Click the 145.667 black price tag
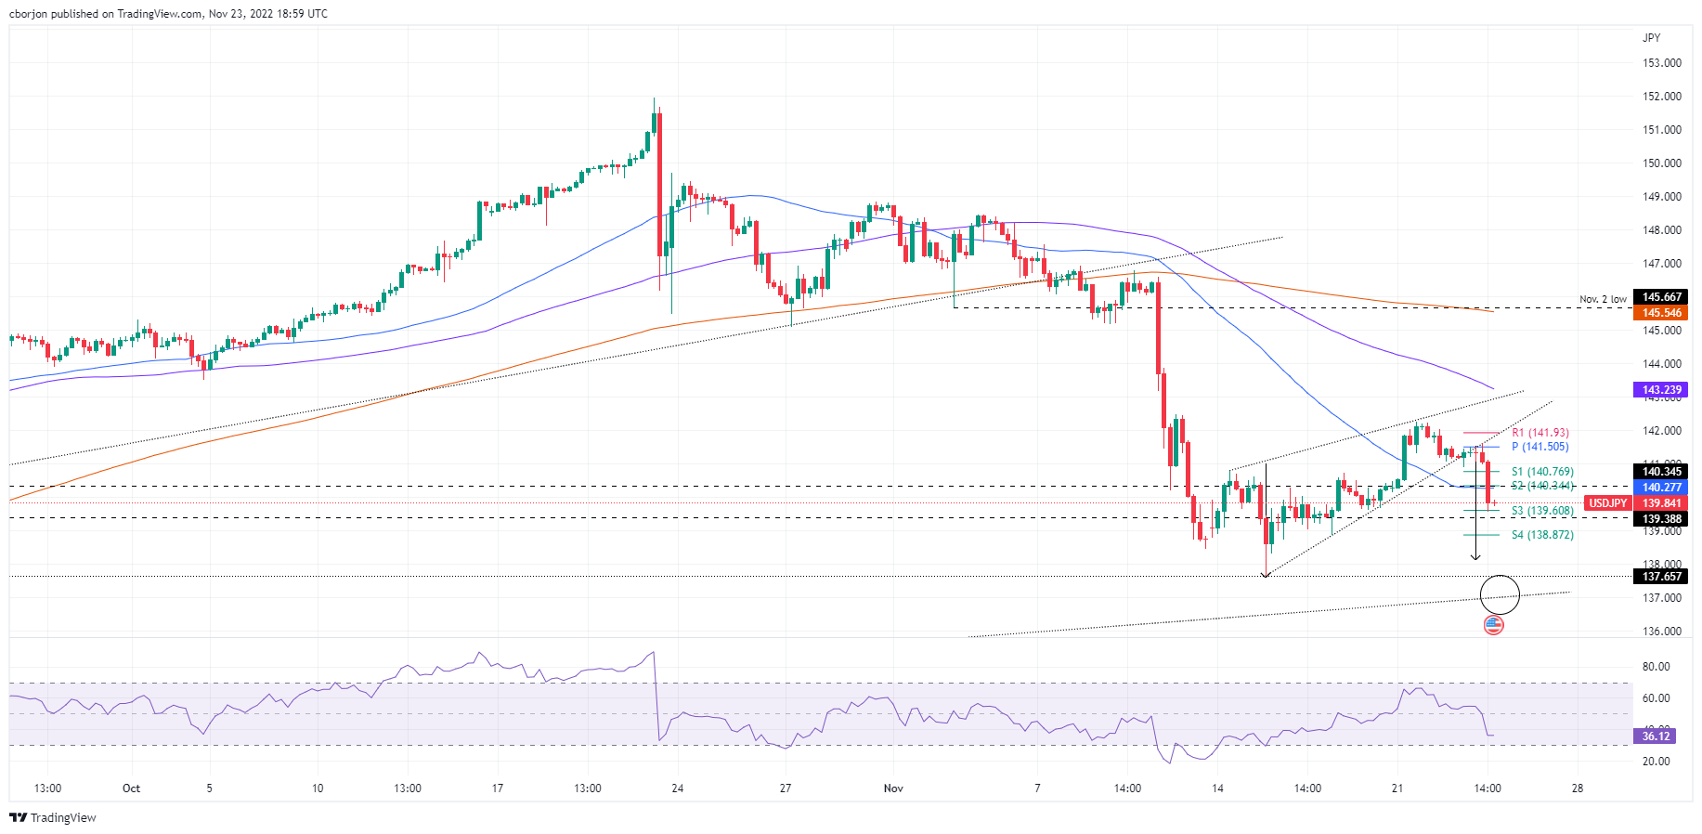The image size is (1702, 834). coord(1661,297)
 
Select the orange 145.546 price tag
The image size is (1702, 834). coord(1661,313)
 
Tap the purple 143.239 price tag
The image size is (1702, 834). coord(1661,390)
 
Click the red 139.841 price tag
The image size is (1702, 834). coord(1661,503)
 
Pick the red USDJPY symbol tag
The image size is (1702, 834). coord(1607,503)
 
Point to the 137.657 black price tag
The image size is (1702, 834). coord(1661,577)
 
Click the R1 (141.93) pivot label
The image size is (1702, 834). coord(1540,433)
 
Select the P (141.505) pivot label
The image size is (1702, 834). coord(1540,447)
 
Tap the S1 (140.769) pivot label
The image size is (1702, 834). coord(1541,472)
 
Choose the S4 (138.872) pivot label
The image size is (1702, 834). coord(1541,535)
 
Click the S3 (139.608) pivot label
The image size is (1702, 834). coord(1541,511)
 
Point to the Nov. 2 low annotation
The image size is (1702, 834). coord(1603,300)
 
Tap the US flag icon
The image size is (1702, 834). coord(1493,625)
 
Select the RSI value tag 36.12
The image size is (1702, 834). coord(1656,736)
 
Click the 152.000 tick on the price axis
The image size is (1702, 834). coord(1662,97)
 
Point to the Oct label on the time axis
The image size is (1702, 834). coord(131,788)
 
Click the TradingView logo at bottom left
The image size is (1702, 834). coord(53,818)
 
